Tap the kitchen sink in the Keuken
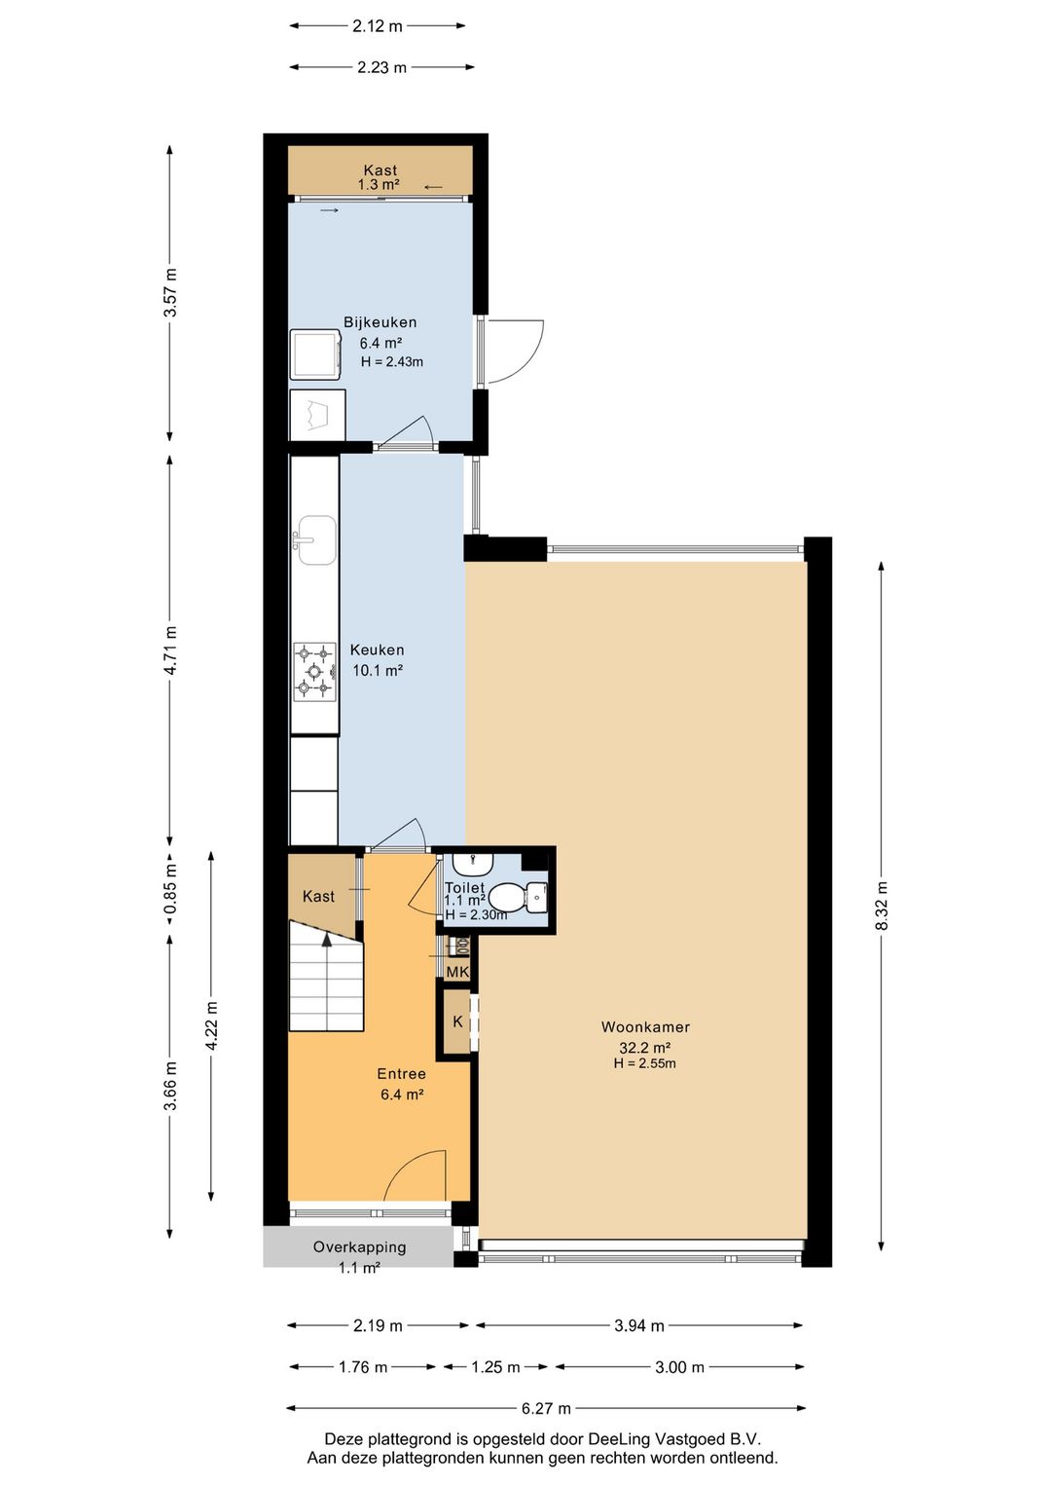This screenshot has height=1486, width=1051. (315, 540)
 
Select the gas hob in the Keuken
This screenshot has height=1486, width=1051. (315, 671)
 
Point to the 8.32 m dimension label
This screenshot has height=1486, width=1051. (882, 906)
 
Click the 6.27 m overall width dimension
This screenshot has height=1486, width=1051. (546, 1408)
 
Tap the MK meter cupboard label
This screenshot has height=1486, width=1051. (457, 973)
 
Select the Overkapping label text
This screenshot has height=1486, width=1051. (359, 1247)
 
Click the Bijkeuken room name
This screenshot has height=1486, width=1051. (380, 322)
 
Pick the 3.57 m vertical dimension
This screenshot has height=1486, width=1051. (170, 292)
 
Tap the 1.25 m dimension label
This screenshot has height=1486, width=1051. (495, 1367)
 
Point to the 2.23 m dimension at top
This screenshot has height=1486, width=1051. (381, 67)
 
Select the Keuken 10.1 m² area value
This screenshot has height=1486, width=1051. (378, 670)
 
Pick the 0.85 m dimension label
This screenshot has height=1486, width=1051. (170, 887)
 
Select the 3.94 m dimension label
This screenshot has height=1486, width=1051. (638, 1326)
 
